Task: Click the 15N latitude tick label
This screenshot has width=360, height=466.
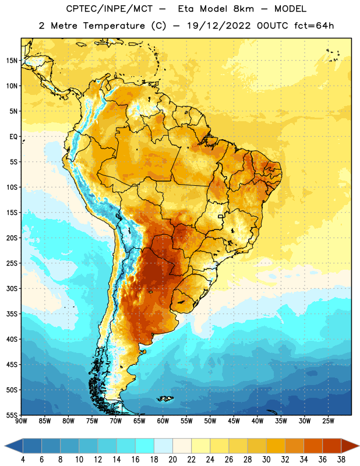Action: coord(12,61)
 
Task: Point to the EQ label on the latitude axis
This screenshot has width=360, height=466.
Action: coord(13,137)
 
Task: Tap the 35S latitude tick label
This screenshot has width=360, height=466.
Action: coord(12,314)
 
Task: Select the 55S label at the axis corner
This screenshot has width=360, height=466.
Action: coord(12,415)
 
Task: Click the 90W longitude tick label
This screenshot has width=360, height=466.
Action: coord(21,421)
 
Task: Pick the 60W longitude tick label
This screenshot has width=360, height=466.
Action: coord(163,421)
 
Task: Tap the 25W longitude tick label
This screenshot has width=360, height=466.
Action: coord(328,421)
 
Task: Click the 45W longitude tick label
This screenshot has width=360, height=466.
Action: coord(234,421)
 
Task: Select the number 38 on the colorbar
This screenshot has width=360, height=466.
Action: coord(341,460)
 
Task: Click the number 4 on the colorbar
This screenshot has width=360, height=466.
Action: coord(23,460)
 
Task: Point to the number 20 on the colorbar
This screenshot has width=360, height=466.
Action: coord(172,460)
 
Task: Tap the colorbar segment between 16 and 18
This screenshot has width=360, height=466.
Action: coord(145,446)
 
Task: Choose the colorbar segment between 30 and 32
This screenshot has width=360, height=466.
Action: coord(276,446)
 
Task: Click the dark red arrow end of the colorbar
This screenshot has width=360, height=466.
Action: coord(350,446)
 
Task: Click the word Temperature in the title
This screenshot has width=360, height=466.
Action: coord(114,26)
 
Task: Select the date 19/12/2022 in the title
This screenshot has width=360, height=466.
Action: coord(219,26)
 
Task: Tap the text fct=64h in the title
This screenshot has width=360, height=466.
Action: coord(314,26)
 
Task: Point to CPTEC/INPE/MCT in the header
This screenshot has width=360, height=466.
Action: coord(110,9)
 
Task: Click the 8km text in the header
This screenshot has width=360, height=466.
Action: coord(243,9)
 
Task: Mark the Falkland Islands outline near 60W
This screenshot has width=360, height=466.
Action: coord(165,398)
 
